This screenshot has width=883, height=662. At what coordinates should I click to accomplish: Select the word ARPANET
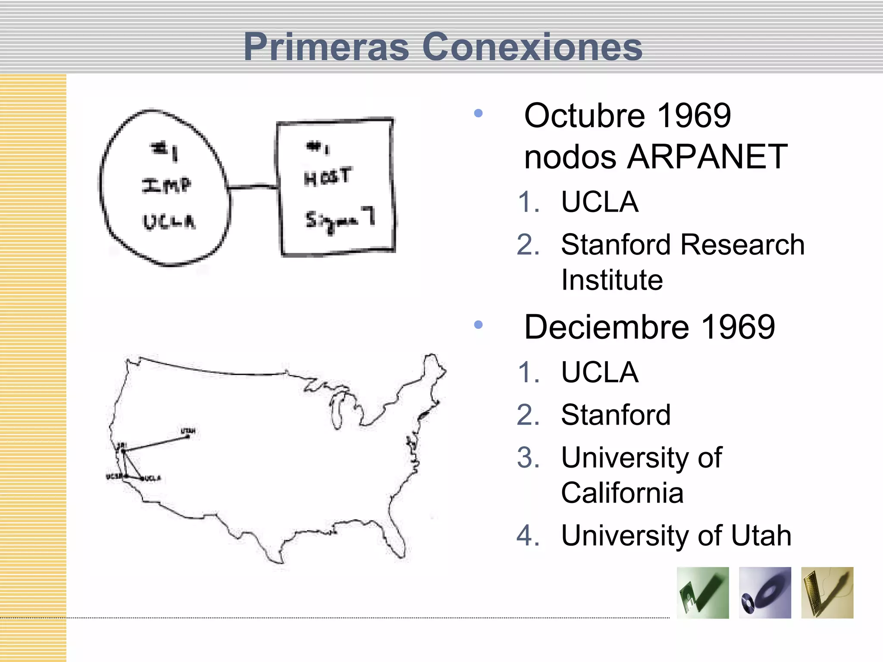707,157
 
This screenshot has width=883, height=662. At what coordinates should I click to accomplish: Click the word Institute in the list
612,280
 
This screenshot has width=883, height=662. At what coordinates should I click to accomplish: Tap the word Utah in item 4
761,536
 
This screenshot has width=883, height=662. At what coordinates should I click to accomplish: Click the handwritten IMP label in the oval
166,185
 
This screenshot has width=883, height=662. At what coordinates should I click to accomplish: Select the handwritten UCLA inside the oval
169,222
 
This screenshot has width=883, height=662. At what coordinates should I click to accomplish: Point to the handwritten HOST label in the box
328,177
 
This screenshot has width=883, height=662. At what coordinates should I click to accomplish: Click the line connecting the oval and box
252,187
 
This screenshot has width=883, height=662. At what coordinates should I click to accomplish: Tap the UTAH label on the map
188,431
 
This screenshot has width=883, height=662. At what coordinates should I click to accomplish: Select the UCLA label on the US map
153,478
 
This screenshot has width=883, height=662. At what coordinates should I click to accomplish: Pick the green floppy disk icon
703,593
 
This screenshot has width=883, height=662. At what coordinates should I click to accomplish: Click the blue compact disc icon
765,593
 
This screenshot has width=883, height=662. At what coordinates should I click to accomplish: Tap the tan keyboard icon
827,593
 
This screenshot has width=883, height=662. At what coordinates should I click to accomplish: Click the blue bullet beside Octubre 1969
478,113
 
